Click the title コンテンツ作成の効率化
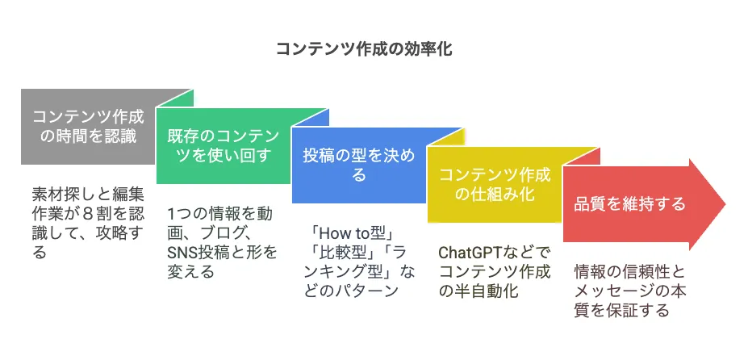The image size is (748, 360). click(x=364, y=49)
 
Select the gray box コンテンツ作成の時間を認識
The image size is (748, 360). click(x=89, y=127)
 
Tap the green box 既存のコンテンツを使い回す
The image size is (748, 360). click(x=224, y=145)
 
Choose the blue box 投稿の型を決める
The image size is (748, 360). click(x=359, y=165)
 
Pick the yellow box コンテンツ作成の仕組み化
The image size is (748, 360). click(x=494, y=184)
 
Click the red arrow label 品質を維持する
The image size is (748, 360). click(x=629, y=204)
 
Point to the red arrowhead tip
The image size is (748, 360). click(x=725, y=204)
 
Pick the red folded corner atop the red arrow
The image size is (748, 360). click(x=581, y=157)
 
